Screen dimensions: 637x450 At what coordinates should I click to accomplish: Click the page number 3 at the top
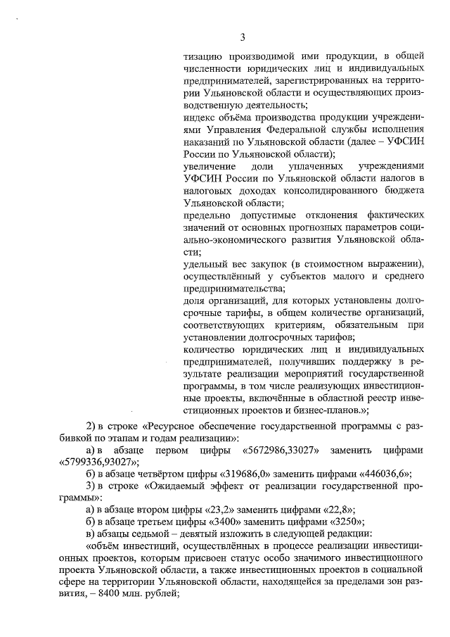(241, 37)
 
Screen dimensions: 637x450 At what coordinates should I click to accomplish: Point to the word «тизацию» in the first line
(201, 57)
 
